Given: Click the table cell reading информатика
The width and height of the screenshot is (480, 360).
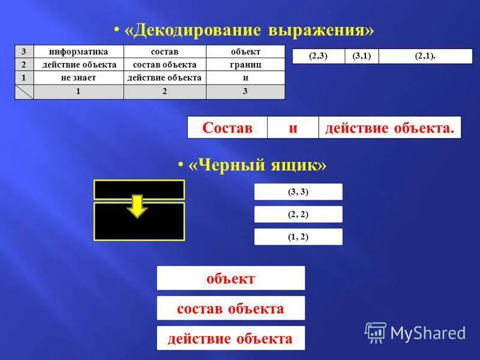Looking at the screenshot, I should point(79,52).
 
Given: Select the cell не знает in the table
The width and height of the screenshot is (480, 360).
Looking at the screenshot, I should point(79,78).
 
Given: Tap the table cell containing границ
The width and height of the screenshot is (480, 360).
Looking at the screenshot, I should point(245,65).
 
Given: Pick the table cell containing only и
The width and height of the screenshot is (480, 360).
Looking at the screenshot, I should point(245,78).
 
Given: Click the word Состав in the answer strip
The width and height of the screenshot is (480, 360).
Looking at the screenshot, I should point(227,127).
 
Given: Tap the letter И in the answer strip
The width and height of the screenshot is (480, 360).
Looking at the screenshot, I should point(293,127).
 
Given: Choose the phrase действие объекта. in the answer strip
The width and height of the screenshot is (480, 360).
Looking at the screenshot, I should point(389,127).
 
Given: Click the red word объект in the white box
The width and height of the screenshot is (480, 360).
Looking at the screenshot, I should point(230,278).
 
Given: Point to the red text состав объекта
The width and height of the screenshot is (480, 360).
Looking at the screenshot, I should point(230,308).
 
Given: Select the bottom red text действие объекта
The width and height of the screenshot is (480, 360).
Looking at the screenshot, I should point(230,338).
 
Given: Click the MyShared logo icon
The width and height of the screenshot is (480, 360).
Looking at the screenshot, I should point(376,332).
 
